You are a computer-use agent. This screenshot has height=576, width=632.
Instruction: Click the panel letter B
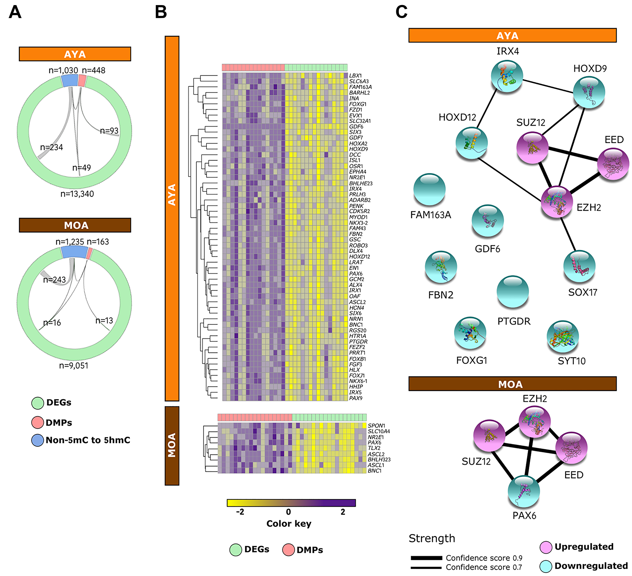161,13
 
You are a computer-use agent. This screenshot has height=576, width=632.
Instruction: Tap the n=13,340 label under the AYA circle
77,194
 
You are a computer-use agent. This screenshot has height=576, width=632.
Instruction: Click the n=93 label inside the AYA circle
109,131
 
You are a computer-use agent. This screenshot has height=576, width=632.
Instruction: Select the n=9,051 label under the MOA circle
74,366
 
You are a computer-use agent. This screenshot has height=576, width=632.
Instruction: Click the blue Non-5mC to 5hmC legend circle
38,440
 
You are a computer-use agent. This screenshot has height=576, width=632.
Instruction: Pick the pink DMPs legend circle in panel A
38,422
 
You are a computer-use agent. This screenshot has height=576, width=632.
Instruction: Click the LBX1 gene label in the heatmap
355,76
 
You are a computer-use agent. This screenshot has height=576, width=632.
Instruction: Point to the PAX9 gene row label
355,398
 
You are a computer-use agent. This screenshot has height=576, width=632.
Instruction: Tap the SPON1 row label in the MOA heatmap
376,426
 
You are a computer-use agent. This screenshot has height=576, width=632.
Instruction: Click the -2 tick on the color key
240,511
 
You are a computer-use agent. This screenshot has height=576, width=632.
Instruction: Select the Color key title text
289,523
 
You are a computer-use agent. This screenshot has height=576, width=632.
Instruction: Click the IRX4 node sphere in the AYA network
507,76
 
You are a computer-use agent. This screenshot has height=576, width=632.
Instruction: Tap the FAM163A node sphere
429,189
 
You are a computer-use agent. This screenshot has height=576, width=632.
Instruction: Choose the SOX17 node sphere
579,266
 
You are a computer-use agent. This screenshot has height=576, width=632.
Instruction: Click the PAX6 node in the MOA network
524,491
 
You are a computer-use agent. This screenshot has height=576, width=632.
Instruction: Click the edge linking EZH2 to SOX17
568,234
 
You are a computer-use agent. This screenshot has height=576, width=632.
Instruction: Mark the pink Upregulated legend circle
546,547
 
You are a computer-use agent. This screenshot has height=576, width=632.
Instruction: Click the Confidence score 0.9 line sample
426,558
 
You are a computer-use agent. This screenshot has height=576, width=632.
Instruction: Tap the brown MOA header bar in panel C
512,384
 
